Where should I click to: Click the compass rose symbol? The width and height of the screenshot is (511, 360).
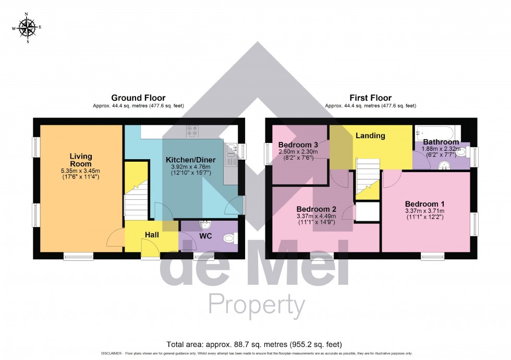tap(27, 27)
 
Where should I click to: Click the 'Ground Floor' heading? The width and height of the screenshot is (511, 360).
tap(138, 98)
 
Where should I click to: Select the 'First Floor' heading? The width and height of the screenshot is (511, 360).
tap(370, 98)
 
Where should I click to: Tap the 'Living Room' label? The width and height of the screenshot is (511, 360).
tap(81, 160)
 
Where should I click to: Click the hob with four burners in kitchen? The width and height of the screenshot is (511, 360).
tap(191, 131)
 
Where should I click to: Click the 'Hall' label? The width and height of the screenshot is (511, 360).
tap(152, 235)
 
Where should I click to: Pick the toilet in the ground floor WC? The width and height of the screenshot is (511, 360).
tap(229, 239)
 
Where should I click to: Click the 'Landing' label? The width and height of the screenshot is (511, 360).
tap(370, 136)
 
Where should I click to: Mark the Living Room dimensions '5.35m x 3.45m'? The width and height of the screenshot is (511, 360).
tap(81, 171)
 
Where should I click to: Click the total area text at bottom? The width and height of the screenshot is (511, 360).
tap(254, 344)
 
